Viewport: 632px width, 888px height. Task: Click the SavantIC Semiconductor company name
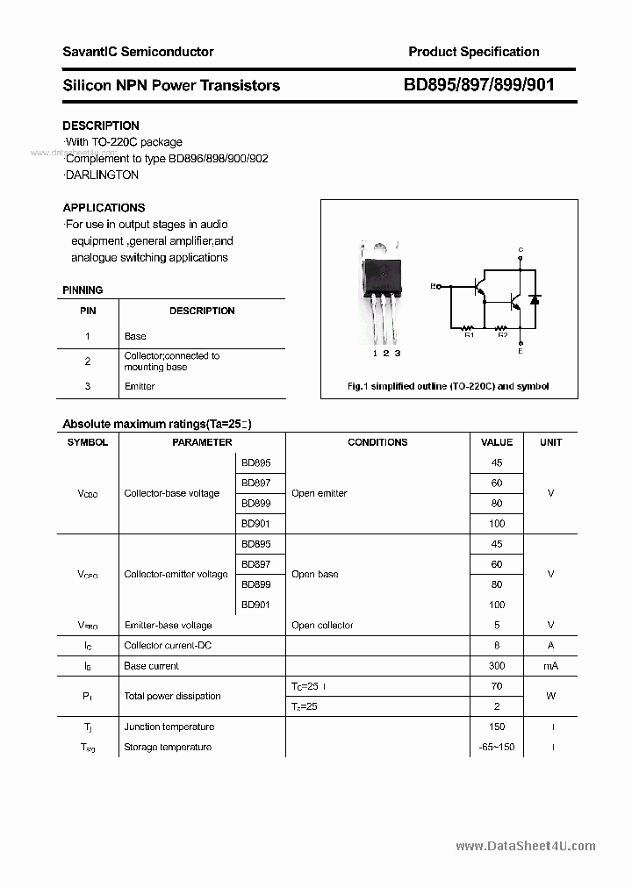click(x=138, y=52)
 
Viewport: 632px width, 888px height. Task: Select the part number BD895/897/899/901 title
click(x=478, y=85)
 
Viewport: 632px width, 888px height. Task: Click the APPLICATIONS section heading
click(x=104, y=208)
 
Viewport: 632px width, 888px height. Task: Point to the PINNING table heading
click(x=83, y=290)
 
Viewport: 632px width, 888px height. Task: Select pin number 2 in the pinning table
click(x=88, y=361)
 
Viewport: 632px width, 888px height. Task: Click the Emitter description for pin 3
click(x=140, y=386)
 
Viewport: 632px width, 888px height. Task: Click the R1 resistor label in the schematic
click(x=469, y=334)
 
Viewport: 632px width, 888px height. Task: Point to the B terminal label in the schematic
click(x=433, y=286)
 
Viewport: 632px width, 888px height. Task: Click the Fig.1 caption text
click(x=448, y=386)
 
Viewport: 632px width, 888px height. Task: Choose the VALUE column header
click(x=497, y=442)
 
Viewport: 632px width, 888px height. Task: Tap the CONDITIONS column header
click(x=377, y=442)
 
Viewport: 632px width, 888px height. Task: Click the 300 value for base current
click(x=497, y=666)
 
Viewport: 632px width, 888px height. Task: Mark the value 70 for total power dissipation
click(x=497, y=686)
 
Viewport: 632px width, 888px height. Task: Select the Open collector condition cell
click(x=322, y=626)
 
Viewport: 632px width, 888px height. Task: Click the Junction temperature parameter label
click(x=169, y=727)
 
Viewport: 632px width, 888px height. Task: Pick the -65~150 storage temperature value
click(x=497, y=747)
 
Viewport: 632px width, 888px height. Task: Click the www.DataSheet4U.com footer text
click(x=526, y=846)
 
